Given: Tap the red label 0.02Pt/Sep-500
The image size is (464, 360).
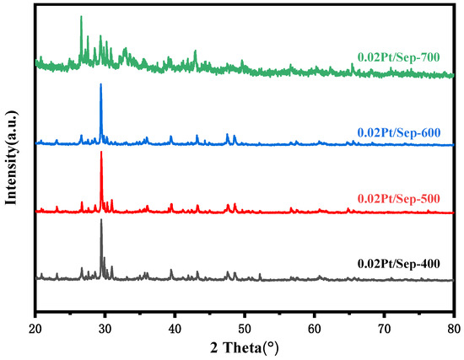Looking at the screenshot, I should point(397,198).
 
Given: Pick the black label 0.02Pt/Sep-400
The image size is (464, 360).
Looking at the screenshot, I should point(397,265).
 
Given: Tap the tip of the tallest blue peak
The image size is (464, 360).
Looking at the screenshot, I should point(101,83).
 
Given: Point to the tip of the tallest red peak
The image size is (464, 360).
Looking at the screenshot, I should point(101,152).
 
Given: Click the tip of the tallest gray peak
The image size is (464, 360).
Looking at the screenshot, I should point(101,219).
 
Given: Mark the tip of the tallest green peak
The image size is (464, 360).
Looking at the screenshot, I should point(81,16).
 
